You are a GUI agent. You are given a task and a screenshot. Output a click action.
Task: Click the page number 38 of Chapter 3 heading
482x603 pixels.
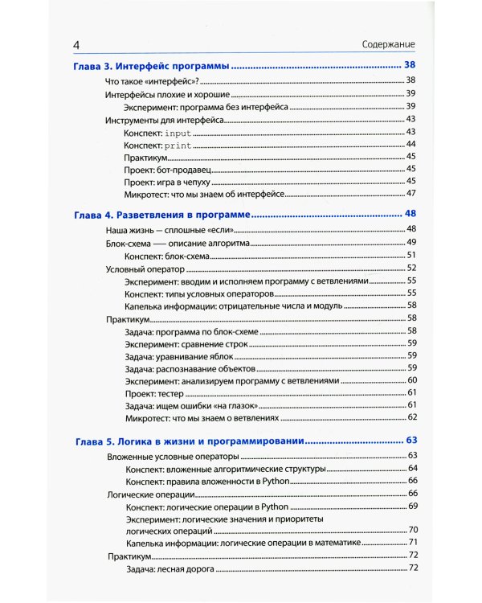(x=411, y=65)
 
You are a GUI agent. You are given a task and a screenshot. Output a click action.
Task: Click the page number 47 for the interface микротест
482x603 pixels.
(x=412, y=194)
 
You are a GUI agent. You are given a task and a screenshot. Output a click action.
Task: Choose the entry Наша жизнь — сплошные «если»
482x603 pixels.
(x=160, y=230)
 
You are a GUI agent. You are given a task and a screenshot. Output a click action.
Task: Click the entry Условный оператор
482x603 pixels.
(x=141, y=268)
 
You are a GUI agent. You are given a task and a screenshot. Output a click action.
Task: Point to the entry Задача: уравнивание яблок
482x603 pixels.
(x=174, y=355)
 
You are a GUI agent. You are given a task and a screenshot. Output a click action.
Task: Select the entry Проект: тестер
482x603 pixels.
(x=154, y=393)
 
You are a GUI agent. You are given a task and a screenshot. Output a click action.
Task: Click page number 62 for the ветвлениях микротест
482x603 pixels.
(x=412, y=417)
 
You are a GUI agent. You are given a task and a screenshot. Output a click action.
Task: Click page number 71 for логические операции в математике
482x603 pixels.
(x=412, y=544)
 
